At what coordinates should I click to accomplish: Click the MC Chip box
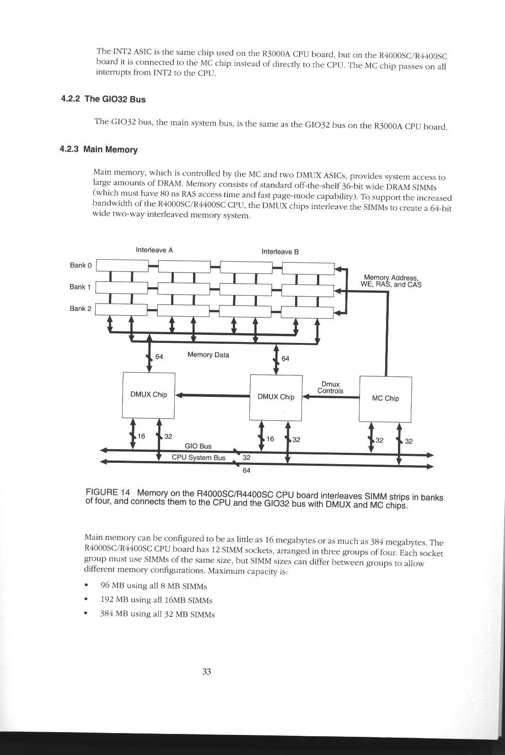pos(385,398)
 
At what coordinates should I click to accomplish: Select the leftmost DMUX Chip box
pos(149,395)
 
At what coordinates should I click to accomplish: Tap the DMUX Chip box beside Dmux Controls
pos(275,397)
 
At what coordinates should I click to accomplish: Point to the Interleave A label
pos(154,250)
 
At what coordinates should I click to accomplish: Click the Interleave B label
pos(280,252)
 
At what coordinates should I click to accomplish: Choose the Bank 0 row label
pos(81,265)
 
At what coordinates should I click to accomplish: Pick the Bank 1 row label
pos(80,287)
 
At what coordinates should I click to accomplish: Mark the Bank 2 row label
pos(80,309)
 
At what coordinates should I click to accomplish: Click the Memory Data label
pos(208,355)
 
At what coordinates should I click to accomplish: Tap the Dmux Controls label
pos(330,388)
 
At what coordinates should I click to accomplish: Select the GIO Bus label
pos(198,446)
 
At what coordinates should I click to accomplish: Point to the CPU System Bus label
pos(199,457)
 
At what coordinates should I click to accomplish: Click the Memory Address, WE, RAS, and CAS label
pos(391,281)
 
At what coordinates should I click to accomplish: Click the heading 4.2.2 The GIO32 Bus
pos(103,99)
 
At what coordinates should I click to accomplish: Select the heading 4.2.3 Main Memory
pos(99,150)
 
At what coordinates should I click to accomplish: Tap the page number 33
pos(206,672)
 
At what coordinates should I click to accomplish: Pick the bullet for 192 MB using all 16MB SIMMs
pos(86,600)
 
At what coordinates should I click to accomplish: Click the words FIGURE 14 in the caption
pos(108,493)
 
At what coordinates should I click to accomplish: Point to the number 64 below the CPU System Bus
pos(246,470)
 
